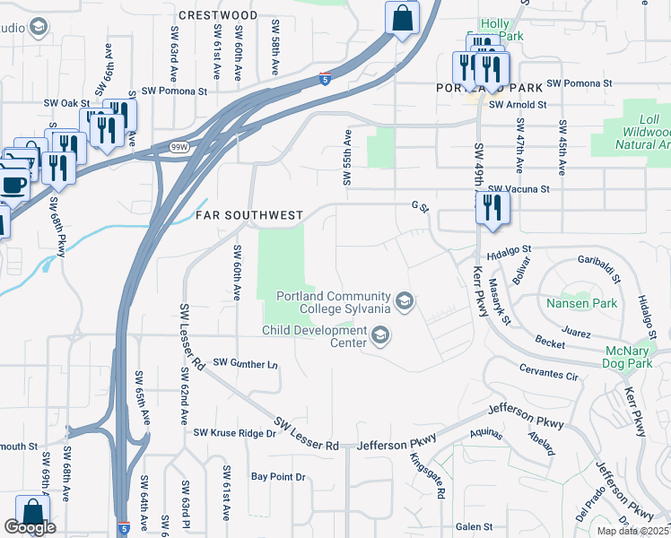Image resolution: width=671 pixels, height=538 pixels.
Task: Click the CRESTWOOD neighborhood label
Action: pos(218,15)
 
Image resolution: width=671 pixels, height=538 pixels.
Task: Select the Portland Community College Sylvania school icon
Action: pos(405,300)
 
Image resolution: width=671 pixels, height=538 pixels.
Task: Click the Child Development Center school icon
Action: pos(379,335)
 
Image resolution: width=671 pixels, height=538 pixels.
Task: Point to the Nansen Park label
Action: pos(581,303)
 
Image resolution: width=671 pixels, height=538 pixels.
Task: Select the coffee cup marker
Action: pos(13,185)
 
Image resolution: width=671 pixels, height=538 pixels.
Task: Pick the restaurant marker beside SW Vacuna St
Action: pos(492,207)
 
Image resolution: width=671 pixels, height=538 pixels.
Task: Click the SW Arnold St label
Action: pos(517,105)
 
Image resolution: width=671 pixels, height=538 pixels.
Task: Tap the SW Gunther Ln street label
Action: pos(246,364)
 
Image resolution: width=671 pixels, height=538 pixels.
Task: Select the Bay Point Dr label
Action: pos(278,477)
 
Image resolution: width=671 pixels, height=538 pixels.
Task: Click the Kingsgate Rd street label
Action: pos(426,469)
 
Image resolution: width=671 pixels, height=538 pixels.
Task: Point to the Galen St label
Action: pos(475,527)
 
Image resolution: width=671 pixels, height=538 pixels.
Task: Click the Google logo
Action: pos(30,527)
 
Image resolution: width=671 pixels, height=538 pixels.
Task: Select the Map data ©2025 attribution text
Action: pos(632,531)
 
